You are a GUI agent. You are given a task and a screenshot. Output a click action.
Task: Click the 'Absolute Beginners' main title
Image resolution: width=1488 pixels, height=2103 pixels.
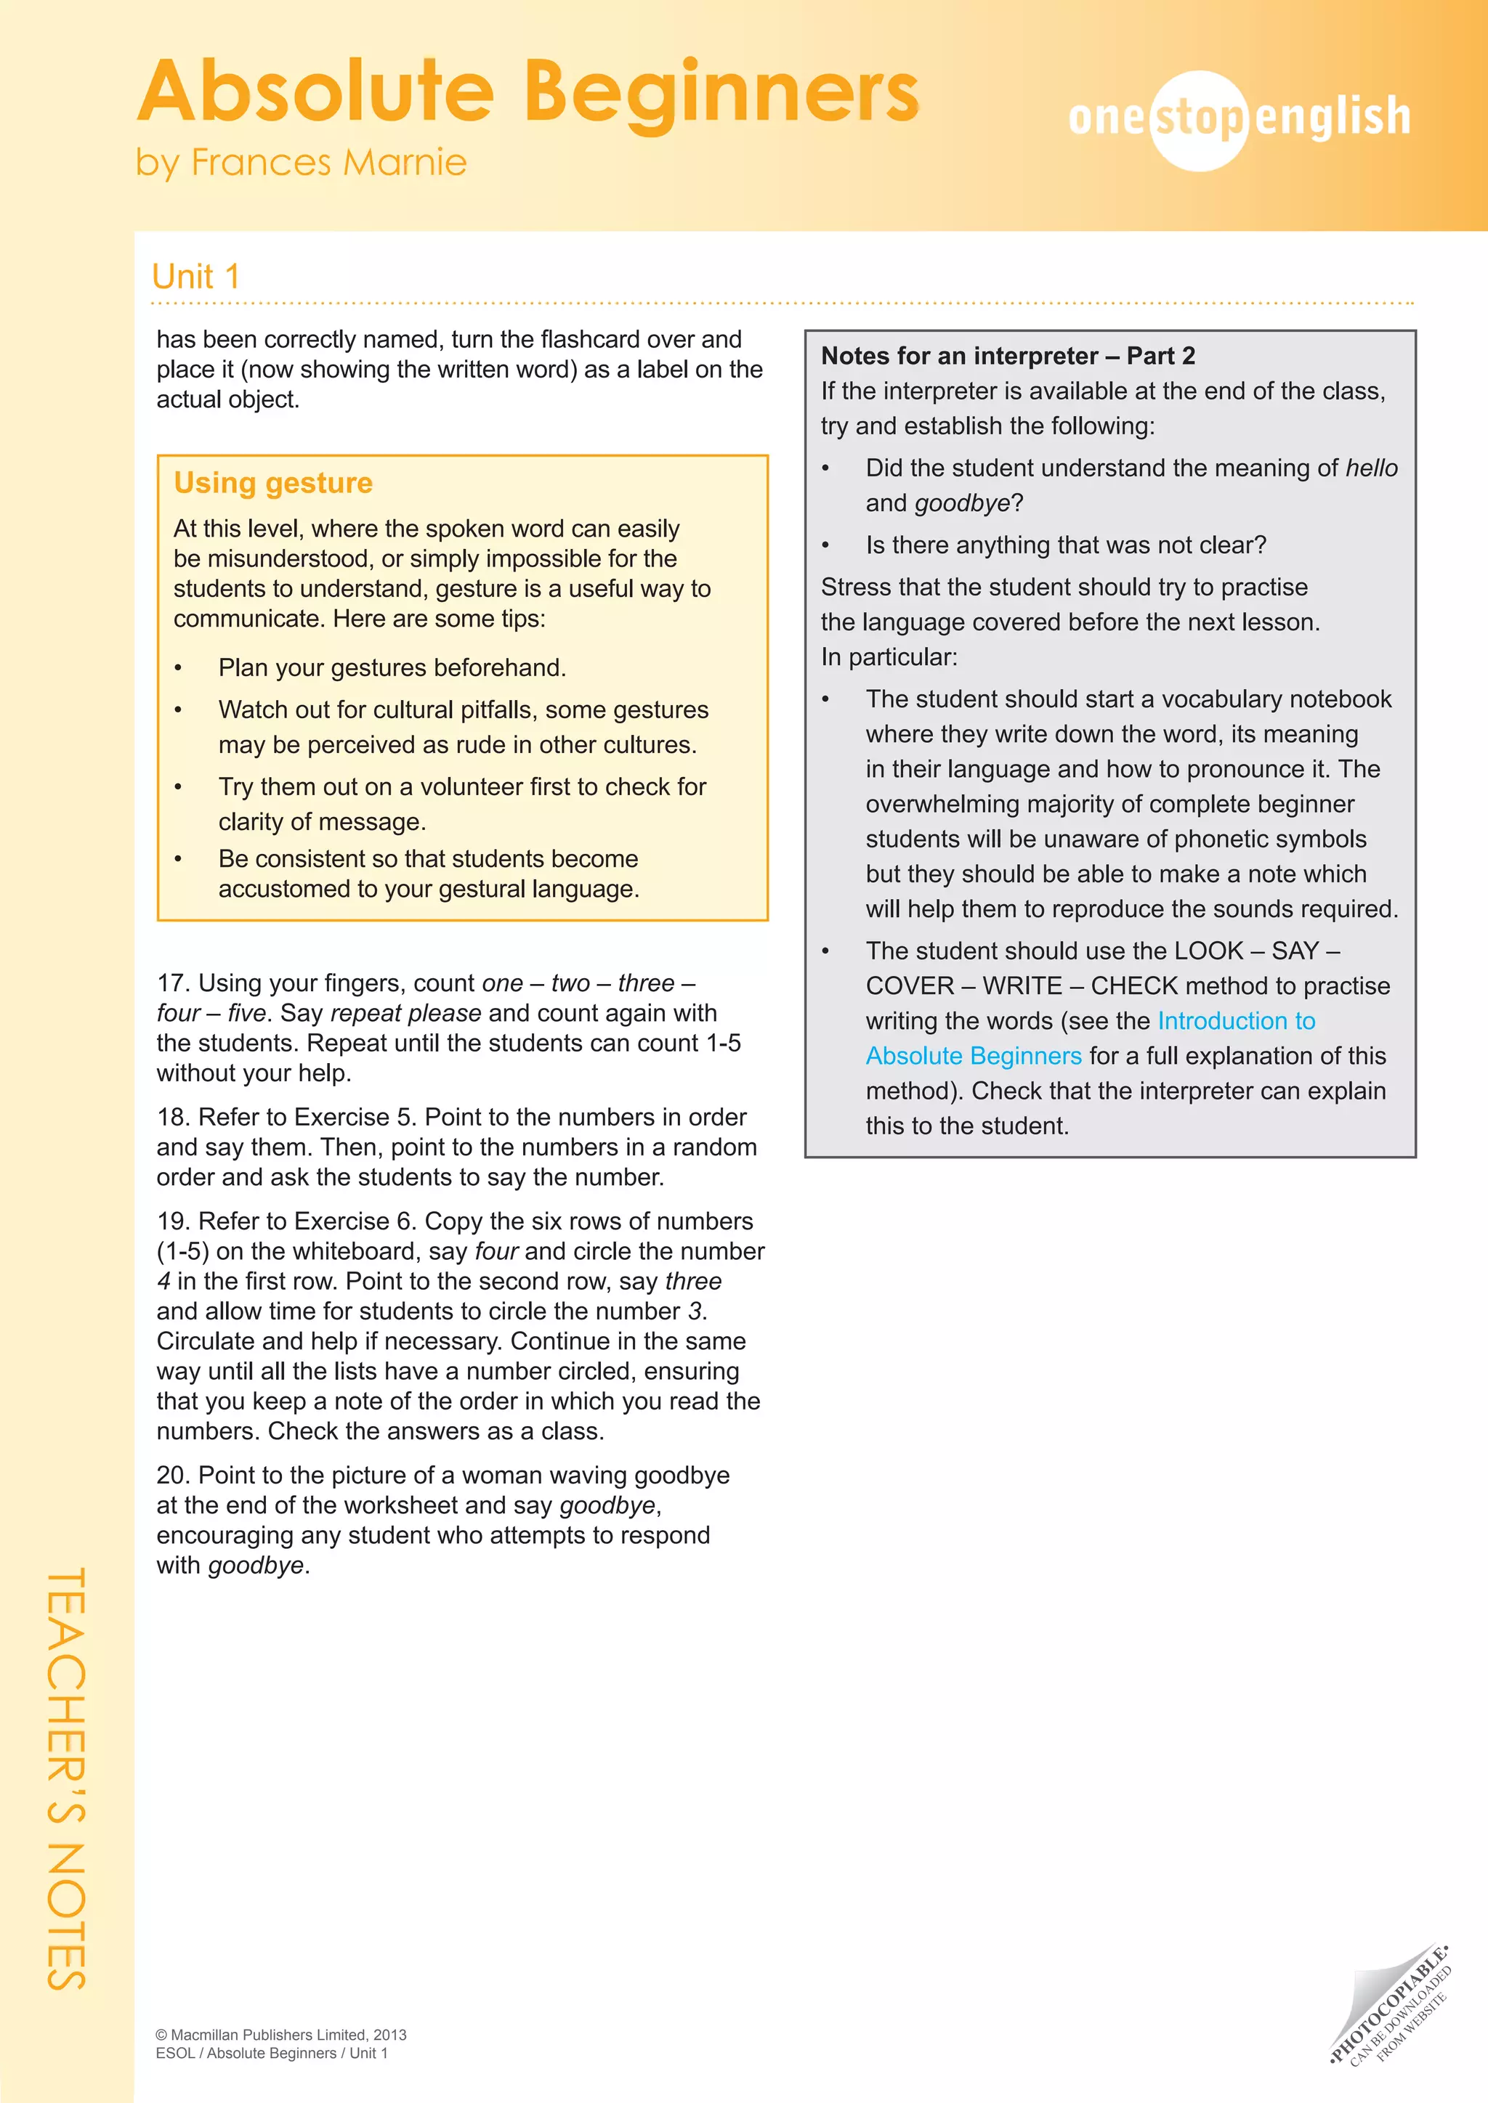[527, 91]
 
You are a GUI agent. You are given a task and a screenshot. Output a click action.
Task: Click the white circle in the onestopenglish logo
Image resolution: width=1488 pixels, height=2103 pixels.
[1198, 120]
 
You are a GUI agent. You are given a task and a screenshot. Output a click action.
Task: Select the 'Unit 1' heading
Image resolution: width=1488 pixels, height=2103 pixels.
[195, 277]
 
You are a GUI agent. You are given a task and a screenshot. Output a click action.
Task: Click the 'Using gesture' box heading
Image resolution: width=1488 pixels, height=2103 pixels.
[273, 483]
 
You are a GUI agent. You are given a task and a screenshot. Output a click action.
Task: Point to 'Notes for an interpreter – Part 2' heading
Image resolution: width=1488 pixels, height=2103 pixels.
[1008, 355]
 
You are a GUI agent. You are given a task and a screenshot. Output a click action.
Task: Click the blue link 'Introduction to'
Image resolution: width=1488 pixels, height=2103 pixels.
[1236, 1020]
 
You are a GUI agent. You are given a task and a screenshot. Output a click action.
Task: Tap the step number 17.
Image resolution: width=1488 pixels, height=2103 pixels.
[172, 983]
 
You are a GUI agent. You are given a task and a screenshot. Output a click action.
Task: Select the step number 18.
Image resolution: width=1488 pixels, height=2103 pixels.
[172, 1117]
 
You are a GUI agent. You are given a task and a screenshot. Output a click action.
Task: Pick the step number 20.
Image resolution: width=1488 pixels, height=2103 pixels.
[172, 1475]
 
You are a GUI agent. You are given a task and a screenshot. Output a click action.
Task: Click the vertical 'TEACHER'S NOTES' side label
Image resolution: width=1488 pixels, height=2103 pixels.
[66, 1777]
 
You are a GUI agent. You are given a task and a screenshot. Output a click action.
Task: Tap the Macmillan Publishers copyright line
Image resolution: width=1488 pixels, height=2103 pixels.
[280, 2034]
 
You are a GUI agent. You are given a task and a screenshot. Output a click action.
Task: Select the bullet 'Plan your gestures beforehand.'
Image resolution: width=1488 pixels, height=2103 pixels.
[392, 668]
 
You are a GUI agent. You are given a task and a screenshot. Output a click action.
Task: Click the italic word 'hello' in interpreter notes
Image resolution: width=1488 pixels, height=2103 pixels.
[1372, 468]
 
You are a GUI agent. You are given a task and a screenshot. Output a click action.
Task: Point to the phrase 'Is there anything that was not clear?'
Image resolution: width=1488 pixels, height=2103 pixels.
[1066, 545]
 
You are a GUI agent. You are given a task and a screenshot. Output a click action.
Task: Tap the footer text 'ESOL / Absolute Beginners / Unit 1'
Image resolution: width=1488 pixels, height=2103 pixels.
[272, 2054]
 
